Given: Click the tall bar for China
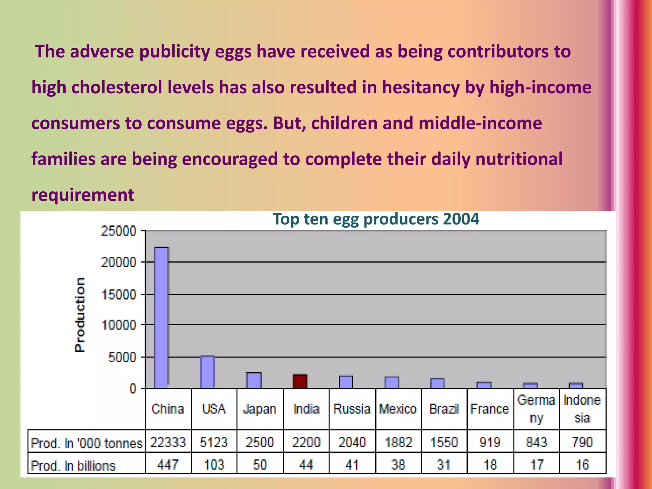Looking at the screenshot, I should (161, 317).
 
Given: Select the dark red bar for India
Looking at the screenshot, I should (300, 381).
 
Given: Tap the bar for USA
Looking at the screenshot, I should (207, 372).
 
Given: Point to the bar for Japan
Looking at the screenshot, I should (254, 380).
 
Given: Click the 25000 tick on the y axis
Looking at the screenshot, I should (118, 231).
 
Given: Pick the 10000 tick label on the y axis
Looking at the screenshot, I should (118, 325).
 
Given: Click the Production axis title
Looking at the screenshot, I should (80, 315).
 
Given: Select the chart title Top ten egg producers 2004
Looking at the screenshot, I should (376, 219).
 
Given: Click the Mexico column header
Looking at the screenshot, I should (398, 409).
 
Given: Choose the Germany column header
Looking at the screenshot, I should (536, 409).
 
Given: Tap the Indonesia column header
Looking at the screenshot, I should (582, 409).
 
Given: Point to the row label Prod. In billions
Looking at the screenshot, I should (73, 465).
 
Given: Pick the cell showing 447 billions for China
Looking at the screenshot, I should (168, 465).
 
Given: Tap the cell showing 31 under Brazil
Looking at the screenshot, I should (444, 465).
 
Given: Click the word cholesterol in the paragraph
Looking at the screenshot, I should (117, 87).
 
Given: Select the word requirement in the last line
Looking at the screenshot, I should (83, 195).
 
